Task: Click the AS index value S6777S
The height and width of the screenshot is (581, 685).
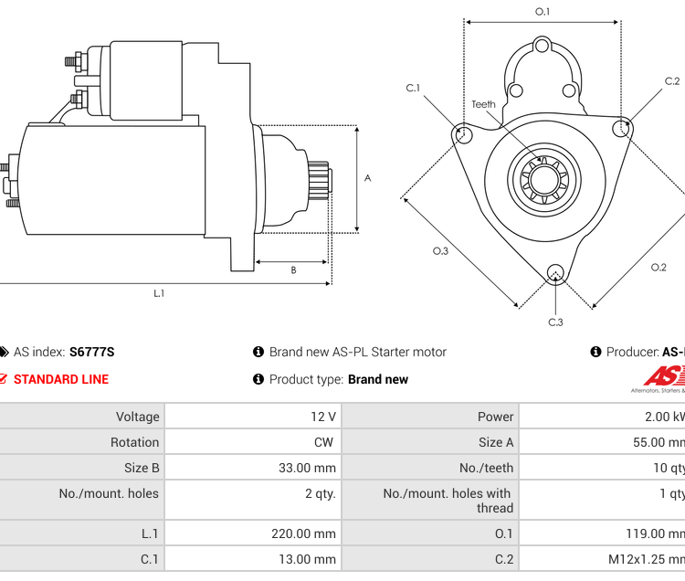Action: pos(91,352)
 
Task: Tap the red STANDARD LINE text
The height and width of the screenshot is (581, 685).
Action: pos(61,379)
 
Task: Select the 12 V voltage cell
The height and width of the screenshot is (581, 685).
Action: pos(323,417)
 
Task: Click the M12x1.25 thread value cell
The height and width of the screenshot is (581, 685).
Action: pos(648,559)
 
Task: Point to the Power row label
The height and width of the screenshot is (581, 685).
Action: pos(495,417)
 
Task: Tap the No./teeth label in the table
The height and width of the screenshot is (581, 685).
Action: pos(486,468)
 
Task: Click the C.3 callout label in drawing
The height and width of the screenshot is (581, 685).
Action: pos(555,322)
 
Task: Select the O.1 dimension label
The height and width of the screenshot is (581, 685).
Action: pos(543,12)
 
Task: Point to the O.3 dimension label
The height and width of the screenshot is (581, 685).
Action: pos(441,251)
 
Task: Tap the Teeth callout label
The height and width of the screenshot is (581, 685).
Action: pos(483,104)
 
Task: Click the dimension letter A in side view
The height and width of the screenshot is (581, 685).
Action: pos(367,178)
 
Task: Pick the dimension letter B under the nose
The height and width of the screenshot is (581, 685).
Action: pos(293,269)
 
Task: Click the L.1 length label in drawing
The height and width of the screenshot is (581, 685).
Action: pos(159,293)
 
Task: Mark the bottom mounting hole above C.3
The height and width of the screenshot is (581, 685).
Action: pos(554,272)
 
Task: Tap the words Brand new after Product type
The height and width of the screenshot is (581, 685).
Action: pos(378,379)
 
